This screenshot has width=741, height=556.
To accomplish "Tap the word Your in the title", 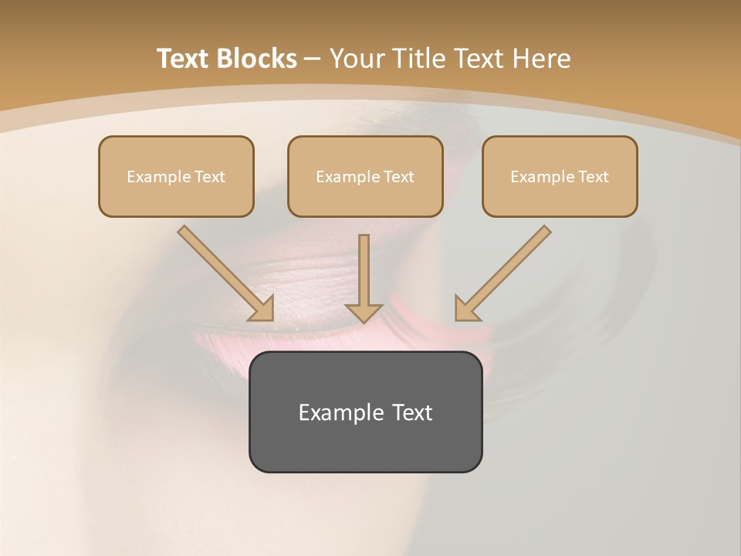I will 358,59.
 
